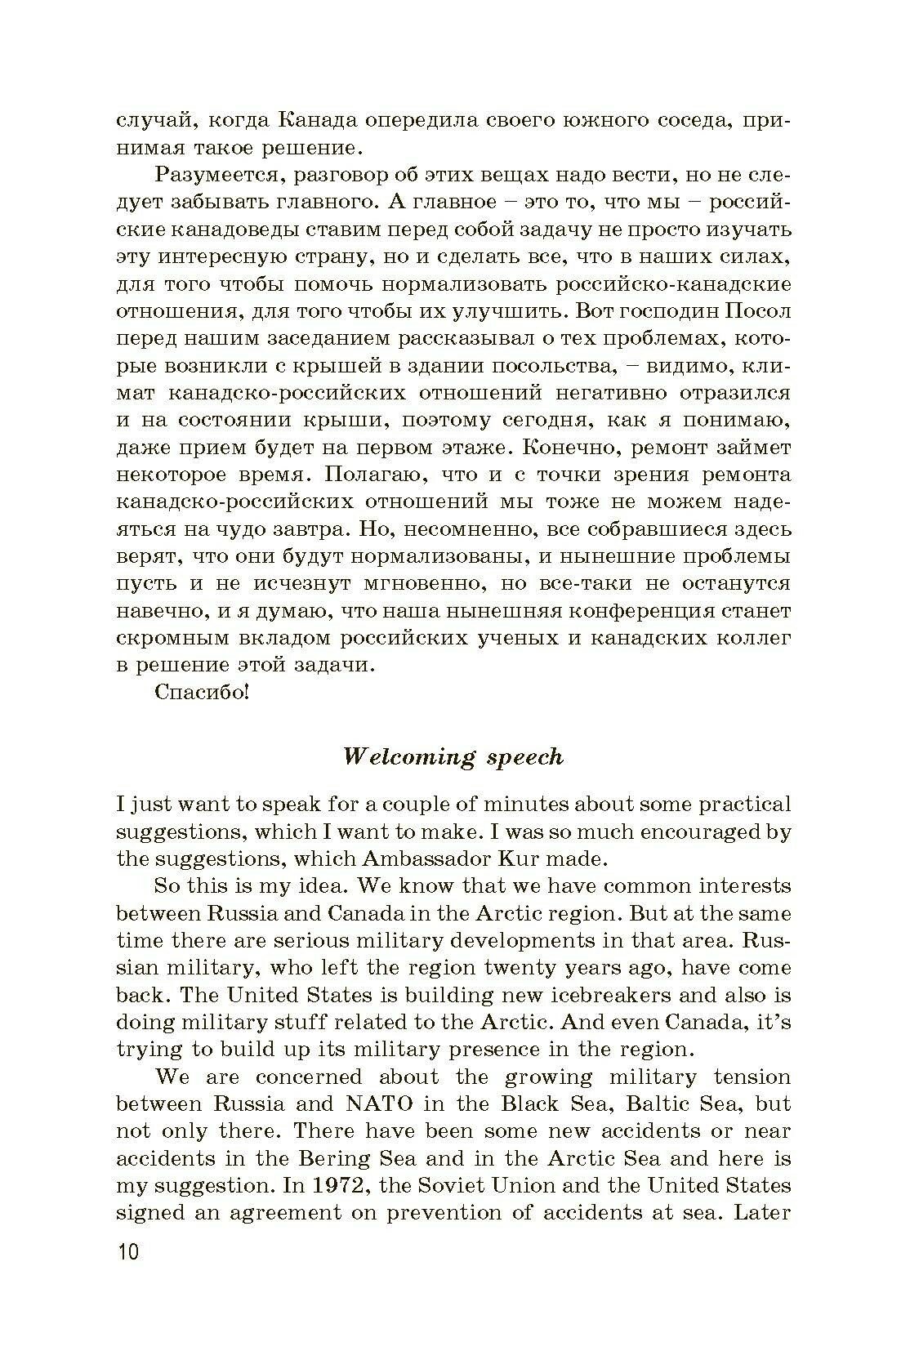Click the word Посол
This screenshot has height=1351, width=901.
coord(759,311)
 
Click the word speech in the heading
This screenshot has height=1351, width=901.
coord(524,757)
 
